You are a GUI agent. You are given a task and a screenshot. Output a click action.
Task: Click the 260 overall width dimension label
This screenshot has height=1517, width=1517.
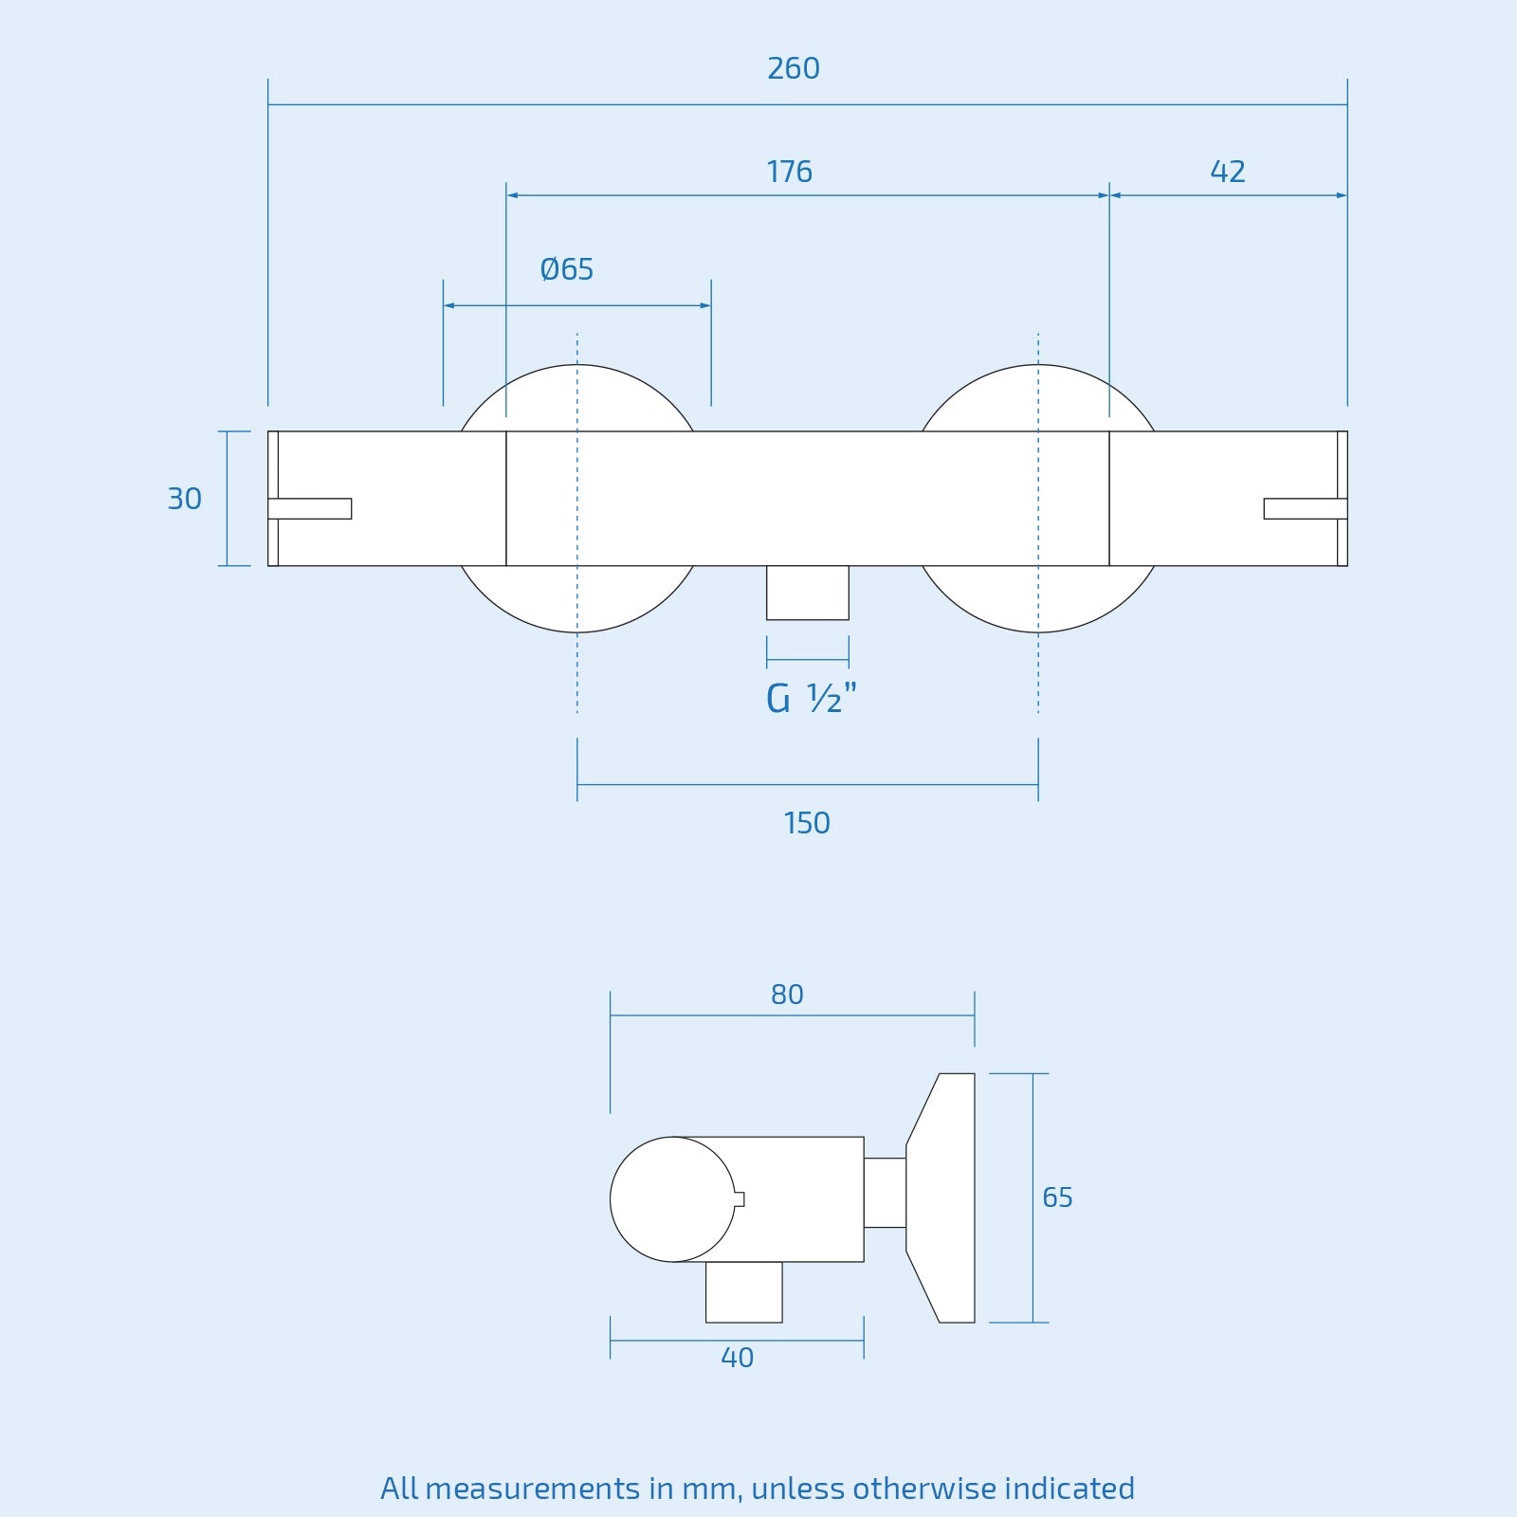794,69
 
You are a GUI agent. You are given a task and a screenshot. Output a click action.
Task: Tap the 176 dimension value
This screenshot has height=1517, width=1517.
789,173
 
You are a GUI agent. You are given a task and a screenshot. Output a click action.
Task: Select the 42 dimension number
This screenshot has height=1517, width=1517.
1227,172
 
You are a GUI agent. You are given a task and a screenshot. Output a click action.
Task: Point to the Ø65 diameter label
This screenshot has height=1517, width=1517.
567,270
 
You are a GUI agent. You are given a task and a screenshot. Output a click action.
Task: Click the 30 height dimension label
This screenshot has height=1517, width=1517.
184,499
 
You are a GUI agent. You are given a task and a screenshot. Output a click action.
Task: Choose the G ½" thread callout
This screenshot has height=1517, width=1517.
811,699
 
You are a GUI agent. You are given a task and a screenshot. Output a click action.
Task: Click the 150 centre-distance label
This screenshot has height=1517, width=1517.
807,823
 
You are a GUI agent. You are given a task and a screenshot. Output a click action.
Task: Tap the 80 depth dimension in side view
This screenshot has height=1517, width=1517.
787,995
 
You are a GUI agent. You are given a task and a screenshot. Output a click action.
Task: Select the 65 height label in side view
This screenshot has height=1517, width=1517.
1057,1197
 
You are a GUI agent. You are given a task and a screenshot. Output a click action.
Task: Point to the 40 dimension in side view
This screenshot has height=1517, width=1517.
737,1358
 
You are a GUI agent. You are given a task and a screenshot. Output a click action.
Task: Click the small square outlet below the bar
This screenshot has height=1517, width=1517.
808,593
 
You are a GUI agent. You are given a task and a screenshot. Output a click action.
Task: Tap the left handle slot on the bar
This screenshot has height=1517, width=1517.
310,509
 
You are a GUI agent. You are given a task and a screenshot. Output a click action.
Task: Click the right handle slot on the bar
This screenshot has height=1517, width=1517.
1305,509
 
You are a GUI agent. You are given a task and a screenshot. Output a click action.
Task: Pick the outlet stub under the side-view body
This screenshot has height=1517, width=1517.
744,1291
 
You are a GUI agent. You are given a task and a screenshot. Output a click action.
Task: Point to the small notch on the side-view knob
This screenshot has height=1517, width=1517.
740,1199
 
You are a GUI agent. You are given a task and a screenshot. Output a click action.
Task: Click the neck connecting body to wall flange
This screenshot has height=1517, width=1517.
885,1193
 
